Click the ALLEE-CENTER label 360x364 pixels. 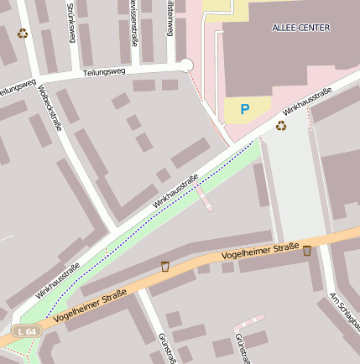(301, 28)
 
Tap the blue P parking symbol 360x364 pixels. (245, 109)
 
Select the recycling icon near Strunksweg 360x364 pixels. (23, 34)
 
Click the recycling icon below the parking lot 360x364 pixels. (280, 126)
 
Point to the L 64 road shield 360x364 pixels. (26, 332)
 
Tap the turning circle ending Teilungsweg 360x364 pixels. (186, 65)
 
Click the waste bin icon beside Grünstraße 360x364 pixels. (165, 266)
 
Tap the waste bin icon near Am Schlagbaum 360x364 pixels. (307, 250)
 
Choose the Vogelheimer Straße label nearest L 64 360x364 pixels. (89, 307)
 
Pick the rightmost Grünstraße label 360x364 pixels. (242, 348)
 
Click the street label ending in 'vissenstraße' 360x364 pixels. (134, 21)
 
